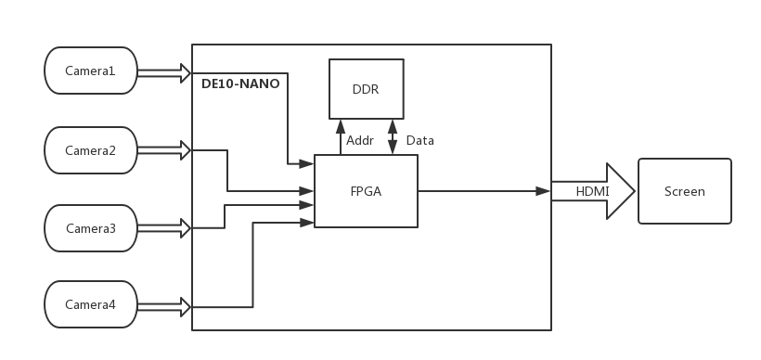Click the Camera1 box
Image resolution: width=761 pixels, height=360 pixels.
[x=91, y=71]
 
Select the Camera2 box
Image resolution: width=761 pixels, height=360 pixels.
[x=91, y=150]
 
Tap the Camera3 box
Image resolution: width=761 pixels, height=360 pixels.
[x=91, y=228]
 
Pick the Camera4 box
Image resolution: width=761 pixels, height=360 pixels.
[x=91, y=305]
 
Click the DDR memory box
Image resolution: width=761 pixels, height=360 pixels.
[x=366, y=89]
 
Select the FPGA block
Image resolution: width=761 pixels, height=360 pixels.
[x=366, y=191]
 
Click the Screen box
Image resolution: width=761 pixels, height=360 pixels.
[x=684, y=192]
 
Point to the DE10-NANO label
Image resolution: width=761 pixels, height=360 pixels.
[x=240, y=84]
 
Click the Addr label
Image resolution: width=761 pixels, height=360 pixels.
[x=360, y=141]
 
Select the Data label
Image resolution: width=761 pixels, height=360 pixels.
[x=419, y=141]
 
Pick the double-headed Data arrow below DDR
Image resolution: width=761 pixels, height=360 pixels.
[x=393, y=136]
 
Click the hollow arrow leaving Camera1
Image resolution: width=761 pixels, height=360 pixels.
[x=163, y=72]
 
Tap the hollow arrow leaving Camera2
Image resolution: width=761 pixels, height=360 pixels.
[x=163, y=150]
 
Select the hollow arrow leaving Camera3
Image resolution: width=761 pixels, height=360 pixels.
[x=163, y=228]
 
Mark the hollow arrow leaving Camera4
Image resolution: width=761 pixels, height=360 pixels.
[x=163, y=306]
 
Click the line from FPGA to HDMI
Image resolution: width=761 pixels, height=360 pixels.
[x=483, y=191]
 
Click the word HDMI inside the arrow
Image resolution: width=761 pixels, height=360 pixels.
[x=592, y=191]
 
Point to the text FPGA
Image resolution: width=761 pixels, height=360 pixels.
[x=366, y=191]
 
